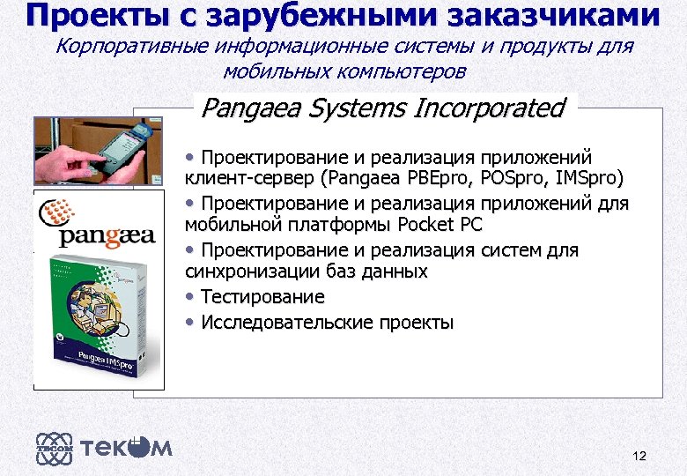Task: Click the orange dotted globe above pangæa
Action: [61, 212]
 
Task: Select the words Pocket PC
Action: [440, 225]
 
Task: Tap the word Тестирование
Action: [262, 297]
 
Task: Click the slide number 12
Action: [639, 456]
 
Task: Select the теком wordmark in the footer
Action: [127, 448]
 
